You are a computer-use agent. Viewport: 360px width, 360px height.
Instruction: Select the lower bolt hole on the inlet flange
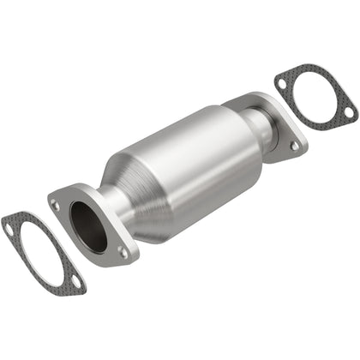123,253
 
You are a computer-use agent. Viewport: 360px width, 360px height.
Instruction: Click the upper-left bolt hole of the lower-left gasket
10,228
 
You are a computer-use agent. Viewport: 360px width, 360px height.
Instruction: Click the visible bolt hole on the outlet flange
294,147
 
